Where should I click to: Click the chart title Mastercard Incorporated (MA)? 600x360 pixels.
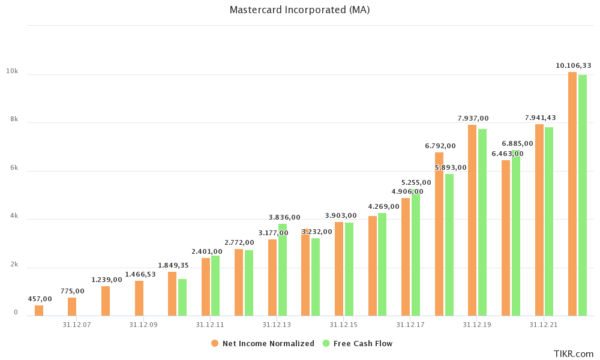(x=299, y=10)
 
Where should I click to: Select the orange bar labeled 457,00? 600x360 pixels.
(x=39, y=310)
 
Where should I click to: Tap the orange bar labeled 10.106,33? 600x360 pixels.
(x=572, y=194)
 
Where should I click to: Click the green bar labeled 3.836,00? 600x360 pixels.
(x=283, y=269)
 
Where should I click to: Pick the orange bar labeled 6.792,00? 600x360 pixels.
(x=439, y=234)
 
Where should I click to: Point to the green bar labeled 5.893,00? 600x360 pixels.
(x=449, y=245)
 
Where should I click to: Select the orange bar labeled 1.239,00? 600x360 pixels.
(x=106, y=301)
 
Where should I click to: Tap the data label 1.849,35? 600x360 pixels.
(x=173, y=265)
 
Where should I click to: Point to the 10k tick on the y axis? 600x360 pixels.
(x=12, y=71)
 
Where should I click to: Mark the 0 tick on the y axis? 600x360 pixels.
(x=16, y=313)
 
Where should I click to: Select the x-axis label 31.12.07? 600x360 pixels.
(x=77, y=325)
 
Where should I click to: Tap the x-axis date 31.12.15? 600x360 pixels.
(x=343, y=325)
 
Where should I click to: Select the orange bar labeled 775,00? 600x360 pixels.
(x=72, y=307)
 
